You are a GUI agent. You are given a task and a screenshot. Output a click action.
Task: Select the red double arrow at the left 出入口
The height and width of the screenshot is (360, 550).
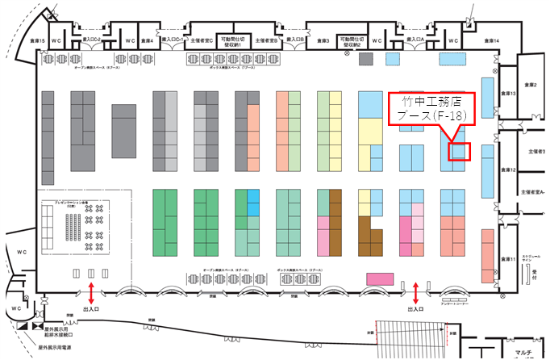(91, 291)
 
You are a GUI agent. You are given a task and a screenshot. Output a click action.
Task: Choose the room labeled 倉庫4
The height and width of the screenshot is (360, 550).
(147, 40)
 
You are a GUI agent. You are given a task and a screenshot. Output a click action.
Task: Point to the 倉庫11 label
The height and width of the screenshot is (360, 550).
(508, 259)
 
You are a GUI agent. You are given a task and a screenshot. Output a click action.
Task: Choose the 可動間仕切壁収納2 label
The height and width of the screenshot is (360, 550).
(352, 40)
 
